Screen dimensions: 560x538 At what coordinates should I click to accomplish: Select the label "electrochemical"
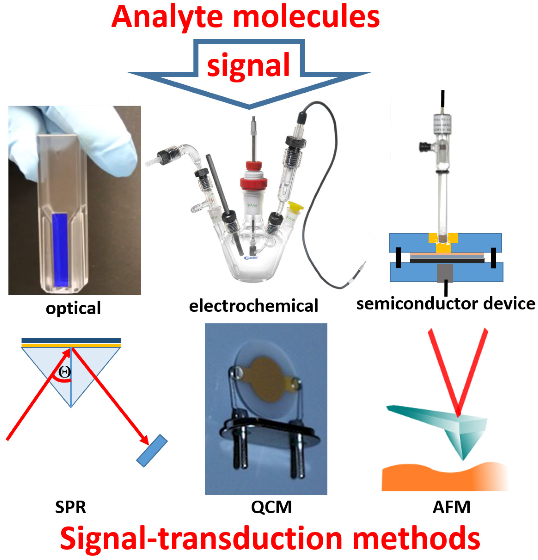click(x=253, y=306)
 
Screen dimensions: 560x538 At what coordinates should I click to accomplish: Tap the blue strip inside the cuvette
click(x=60, y=250)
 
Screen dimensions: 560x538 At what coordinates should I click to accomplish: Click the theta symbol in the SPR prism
click(x=65, y=372)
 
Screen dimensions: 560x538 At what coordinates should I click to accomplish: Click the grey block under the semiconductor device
click(x=445, y=273)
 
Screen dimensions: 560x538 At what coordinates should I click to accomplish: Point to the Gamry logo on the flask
click(x=251, y=258)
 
